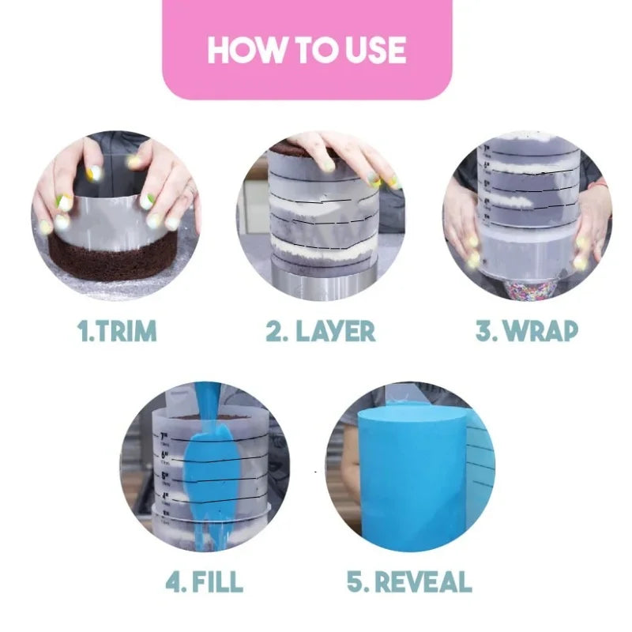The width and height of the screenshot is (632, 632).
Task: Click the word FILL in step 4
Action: tap(216, 582)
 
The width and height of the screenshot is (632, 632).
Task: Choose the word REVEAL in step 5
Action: tap(423, 582)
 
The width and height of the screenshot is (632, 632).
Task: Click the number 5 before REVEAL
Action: tap(357, 582)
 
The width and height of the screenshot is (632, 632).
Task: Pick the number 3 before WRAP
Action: tap(483, 331)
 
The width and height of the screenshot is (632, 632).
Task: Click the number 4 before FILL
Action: tap(175, 582)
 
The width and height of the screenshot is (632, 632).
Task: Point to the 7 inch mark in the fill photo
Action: tap(167, 435)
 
